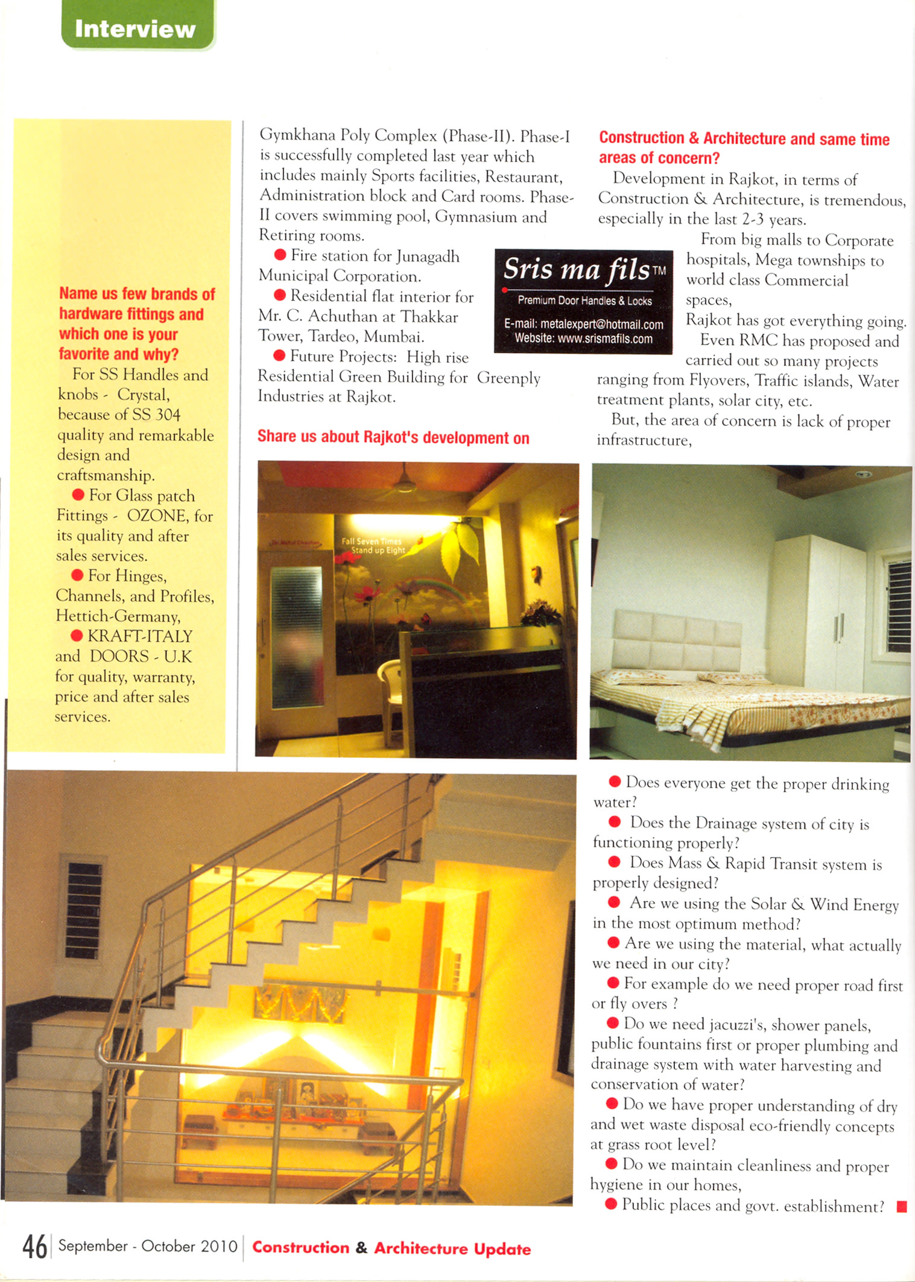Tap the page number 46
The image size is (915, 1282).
[34, 1246]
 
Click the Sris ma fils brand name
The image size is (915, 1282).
[577, 269]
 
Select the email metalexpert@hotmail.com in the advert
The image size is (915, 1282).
[583, 324]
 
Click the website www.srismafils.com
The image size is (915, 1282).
[583, 339]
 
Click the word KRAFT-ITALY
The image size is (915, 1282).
[140, 636]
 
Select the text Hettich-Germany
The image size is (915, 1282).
[118, 616]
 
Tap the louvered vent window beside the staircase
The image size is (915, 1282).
[84, 910]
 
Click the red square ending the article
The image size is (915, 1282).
[902, 1207]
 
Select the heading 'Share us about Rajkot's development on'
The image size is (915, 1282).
[393, 437]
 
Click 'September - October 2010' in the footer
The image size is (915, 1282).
[148, 1246]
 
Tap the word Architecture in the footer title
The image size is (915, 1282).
[421, 1248]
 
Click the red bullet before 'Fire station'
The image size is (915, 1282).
[280, 255]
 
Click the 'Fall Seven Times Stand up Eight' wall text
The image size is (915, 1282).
[373, 545]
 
